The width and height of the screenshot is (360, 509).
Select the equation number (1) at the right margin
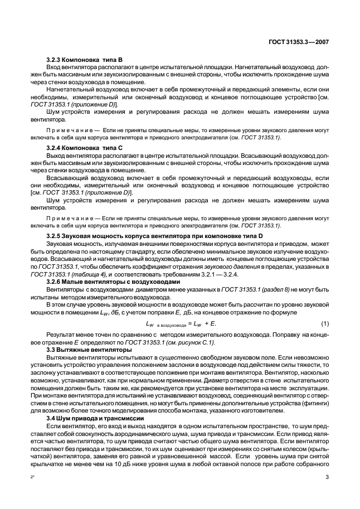click(x=324, y=324)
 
